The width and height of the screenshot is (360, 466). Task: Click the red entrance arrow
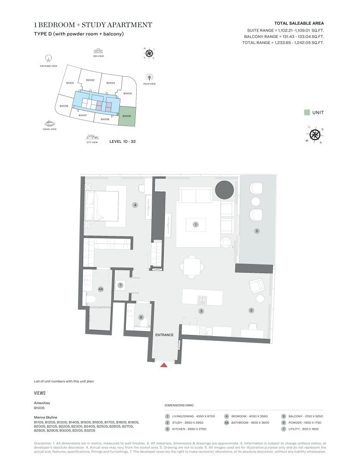163,365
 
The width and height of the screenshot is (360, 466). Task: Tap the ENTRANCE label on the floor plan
164,335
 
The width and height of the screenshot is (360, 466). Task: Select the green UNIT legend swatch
307,113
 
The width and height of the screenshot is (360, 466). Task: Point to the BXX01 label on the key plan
70,83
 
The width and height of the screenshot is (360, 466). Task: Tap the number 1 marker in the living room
196,224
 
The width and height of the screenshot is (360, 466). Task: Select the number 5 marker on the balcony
257,231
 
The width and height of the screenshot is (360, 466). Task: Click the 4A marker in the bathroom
101,290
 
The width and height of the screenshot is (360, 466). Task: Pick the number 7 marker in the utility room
121,285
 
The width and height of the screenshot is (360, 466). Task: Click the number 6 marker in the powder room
141,317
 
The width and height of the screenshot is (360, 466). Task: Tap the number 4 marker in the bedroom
135,205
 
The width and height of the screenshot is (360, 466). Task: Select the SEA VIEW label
99,56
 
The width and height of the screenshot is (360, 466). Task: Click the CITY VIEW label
92,142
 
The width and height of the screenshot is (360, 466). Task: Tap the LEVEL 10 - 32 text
123,142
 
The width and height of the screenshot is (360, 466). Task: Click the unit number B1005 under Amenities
39,408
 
